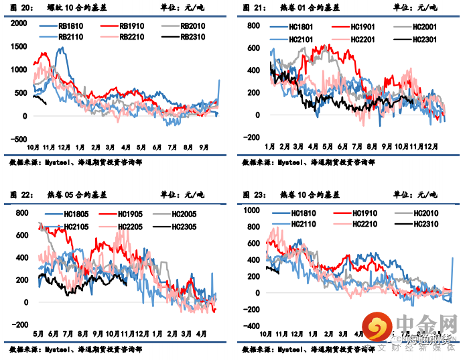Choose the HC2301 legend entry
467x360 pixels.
click(417, 39)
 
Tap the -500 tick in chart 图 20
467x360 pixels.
click(19, 140)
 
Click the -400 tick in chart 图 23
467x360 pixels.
click(252, 326)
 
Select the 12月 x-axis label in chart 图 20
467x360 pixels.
click(64, 146)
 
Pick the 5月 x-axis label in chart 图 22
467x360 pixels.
click(38, 333)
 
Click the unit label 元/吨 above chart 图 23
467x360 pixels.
click(426, 195)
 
